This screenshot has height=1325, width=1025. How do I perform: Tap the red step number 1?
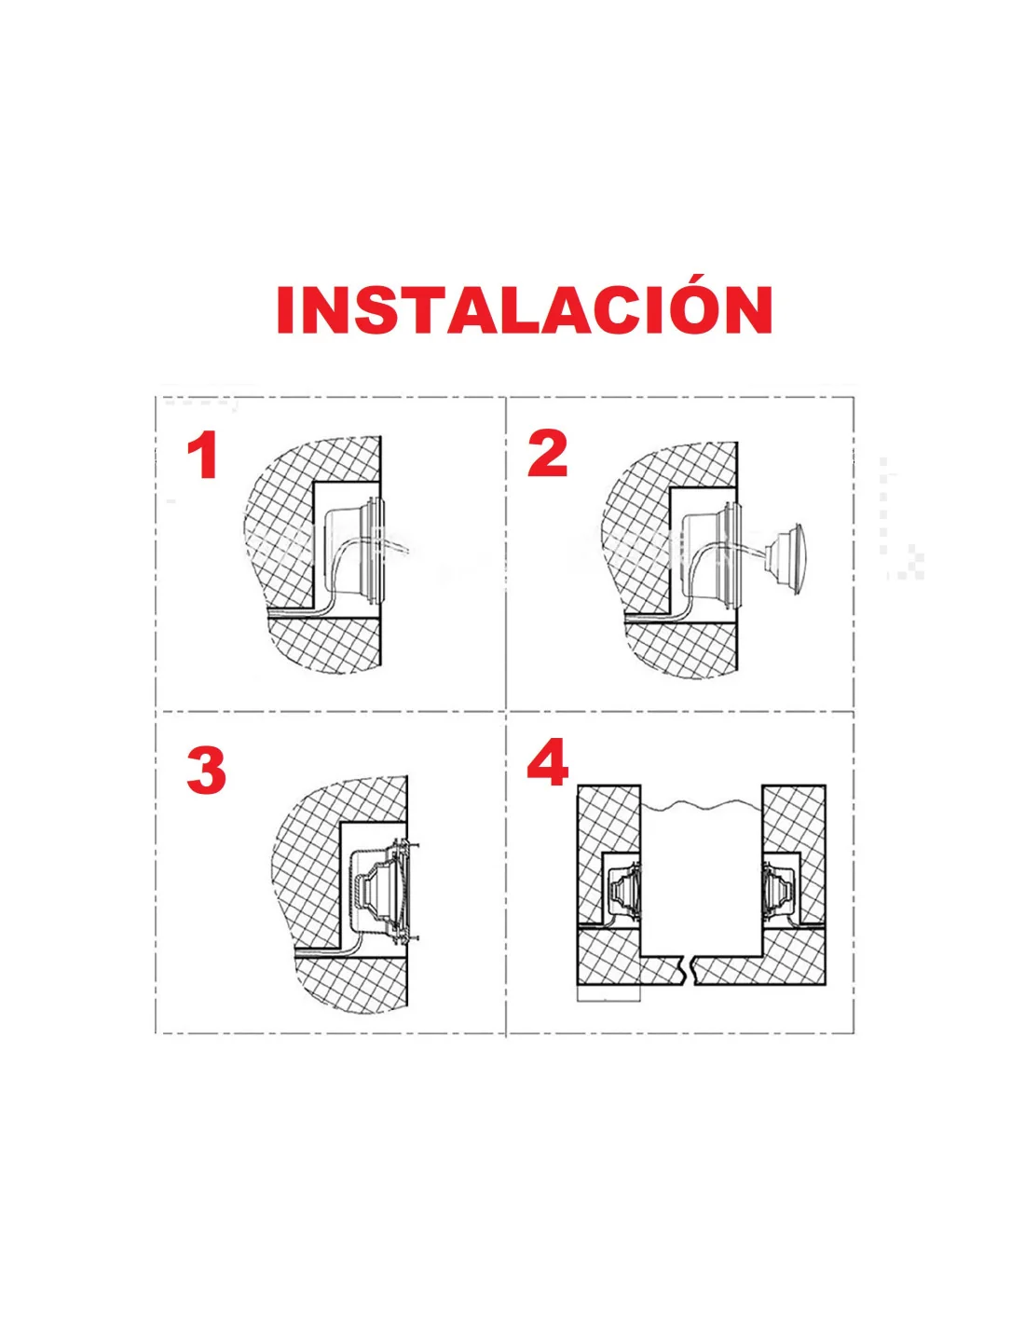202,455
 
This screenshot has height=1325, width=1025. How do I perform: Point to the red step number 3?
206,771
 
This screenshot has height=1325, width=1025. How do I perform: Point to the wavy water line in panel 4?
702,806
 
